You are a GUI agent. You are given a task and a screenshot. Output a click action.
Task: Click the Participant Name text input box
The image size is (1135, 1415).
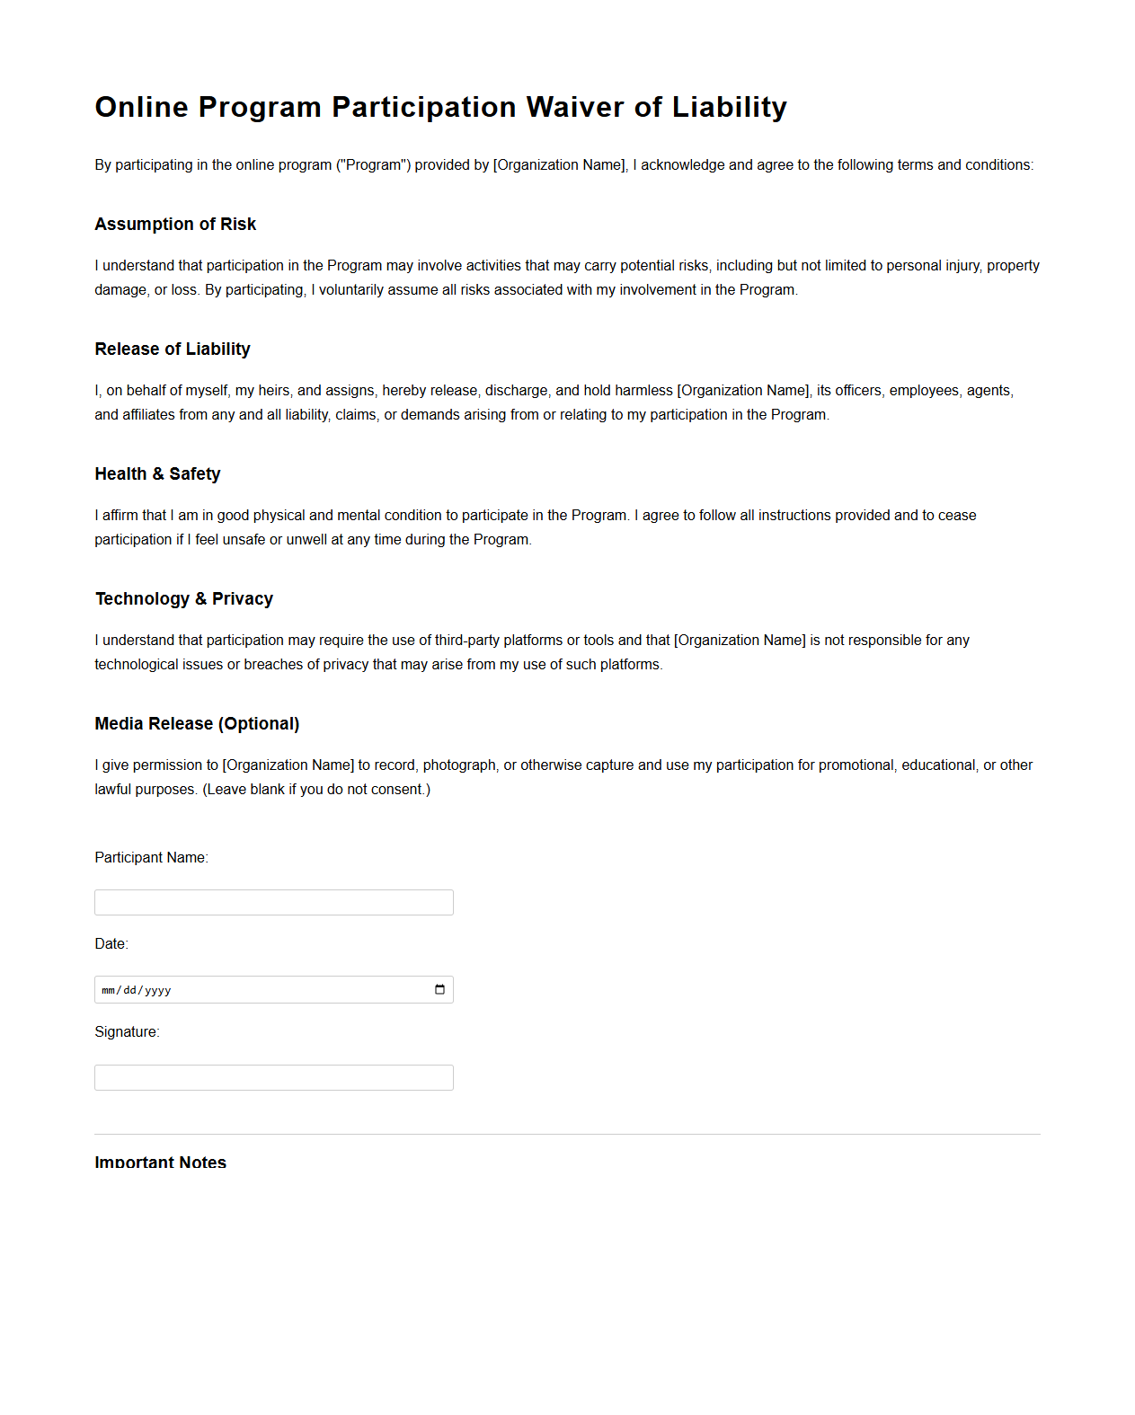click(273, 902)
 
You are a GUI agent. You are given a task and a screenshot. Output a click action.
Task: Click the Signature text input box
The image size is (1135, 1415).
click(273, 1077)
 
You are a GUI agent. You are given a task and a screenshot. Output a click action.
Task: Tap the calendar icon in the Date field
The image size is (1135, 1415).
click(439, 989)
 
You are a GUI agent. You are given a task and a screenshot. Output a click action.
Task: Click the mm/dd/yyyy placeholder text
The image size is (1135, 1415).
click(137, 990)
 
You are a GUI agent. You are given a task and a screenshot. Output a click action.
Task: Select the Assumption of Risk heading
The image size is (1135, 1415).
click(175, 224)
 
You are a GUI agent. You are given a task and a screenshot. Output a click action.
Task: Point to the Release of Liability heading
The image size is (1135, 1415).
click(173, 349)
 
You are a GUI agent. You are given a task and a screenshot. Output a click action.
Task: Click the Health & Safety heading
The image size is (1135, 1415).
click(157, 473)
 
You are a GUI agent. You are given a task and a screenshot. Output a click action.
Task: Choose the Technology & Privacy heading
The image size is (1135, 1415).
click(184, 598)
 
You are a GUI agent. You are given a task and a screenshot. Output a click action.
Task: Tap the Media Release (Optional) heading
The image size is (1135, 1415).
click(197, 723)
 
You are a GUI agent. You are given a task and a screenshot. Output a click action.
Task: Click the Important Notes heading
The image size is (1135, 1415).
click(160, 1162)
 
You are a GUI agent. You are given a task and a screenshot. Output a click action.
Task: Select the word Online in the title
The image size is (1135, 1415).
click(142, 107)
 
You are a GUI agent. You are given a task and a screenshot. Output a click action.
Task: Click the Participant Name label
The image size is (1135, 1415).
click(151, 857)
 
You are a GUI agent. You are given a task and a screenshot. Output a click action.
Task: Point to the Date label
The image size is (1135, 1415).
click(111, 943)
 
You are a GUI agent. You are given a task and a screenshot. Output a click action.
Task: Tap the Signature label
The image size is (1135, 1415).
click(127, 1031)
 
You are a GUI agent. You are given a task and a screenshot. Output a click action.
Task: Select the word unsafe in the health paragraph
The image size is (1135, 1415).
click(243, 539)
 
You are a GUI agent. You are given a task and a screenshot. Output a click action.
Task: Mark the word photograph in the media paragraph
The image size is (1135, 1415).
click(459, 765)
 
